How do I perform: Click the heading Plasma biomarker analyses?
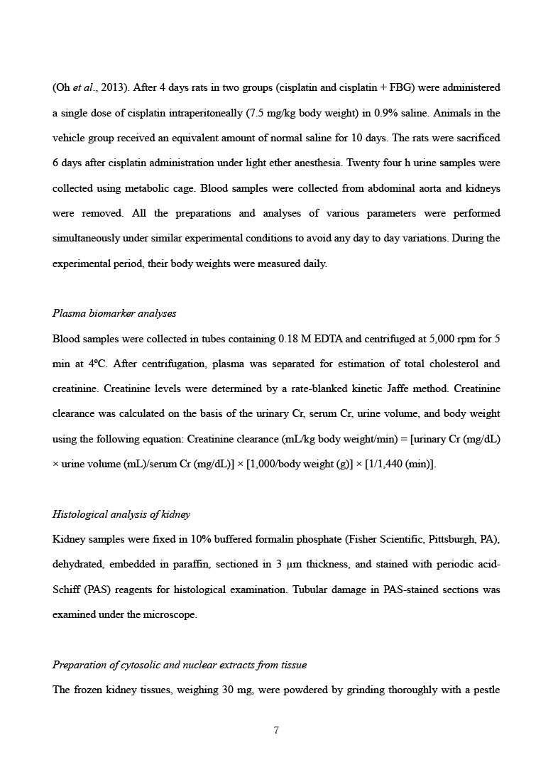coord(114,313)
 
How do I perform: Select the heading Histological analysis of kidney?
coord(121,514)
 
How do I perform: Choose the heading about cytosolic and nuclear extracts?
coord(180,665)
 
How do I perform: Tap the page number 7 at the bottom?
coord(276,730)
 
